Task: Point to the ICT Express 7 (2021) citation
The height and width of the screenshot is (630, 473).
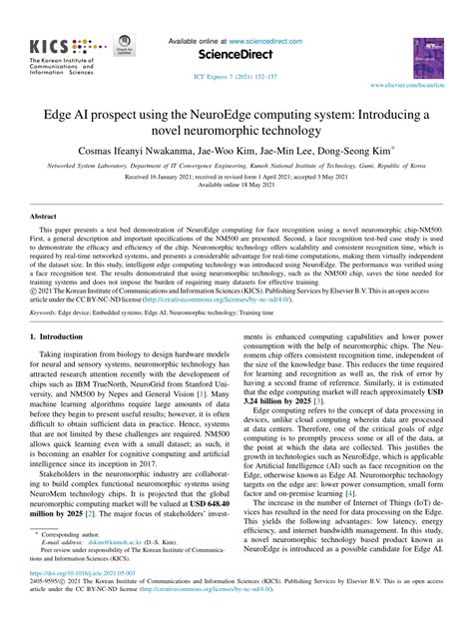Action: [x=236, y=76]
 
